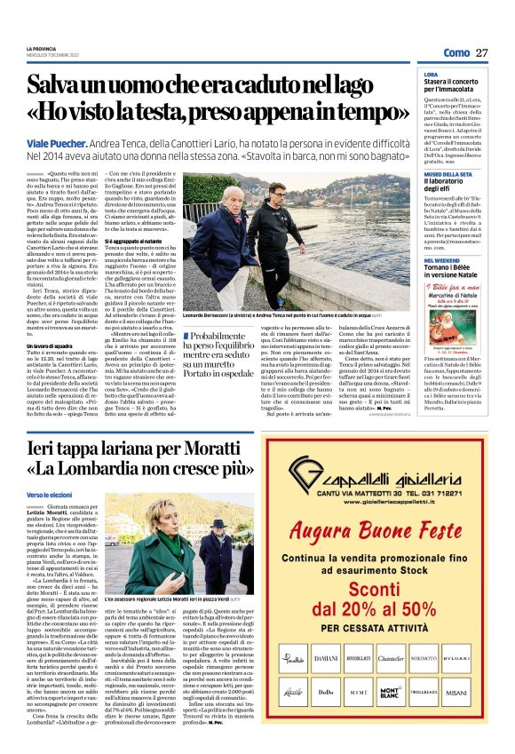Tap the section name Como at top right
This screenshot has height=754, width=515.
point(456,53)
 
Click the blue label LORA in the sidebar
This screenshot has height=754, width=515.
point(430,75)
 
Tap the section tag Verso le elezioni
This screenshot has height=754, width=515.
point(49,494)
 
